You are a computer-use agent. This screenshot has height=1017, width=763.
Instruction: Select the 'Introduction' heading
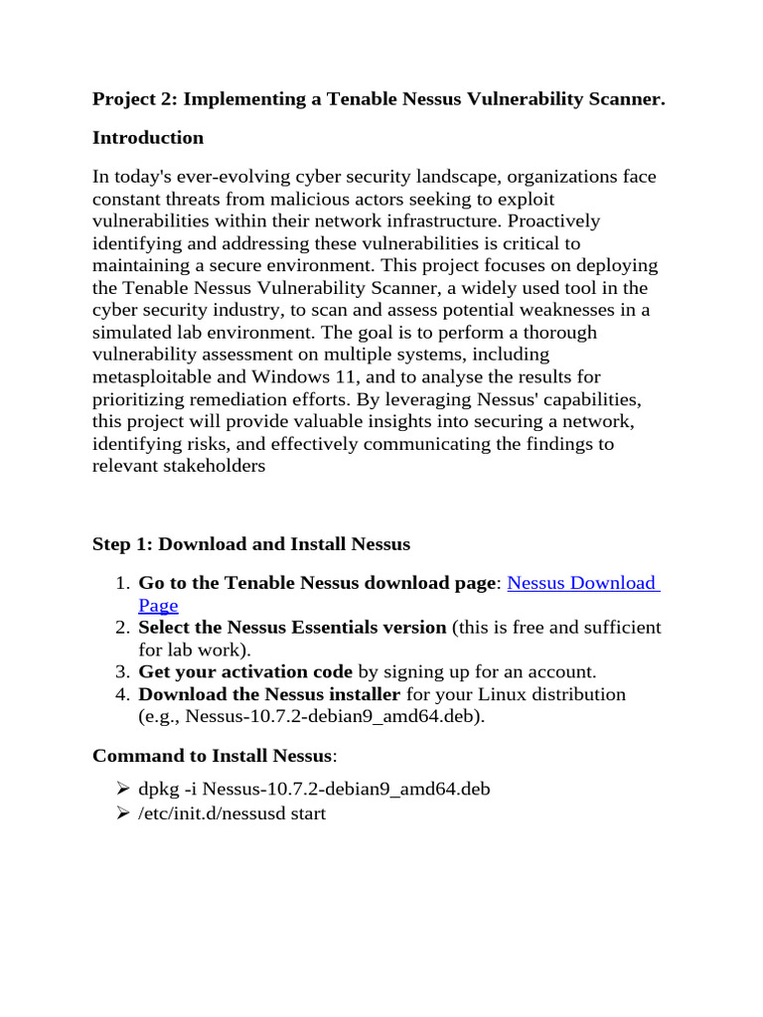148,137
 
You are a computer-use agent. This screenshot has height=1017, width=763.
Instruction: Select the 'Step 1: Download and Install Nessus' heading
250,543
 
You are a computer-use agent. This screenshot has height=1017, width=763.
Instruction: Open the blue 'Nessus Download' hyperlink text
582,583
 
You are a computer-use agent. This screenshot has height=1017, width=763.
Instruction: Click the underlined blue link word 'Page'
158,605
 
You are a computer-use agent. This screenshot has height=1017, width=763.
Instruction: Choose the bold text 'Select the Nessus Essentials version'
292,628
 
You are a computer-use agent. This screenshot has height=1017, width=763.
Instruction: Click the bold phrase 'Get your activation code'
245,671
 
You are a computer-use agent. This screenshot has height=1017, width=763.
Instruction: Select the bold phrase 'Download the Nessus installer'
269,693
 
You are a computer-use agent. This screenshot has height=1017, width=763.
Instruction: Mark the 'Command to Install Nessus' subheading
212,756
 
